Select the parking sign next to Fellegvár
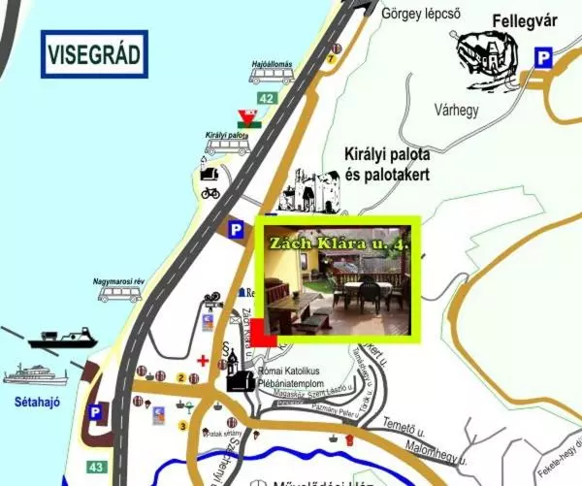544,59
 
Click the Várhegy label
456,111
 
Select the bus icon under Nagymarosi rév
119,293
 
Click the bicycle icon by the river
210,192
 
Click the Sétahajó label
31,398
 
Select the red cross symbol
202,360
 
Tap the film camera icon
212,301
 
